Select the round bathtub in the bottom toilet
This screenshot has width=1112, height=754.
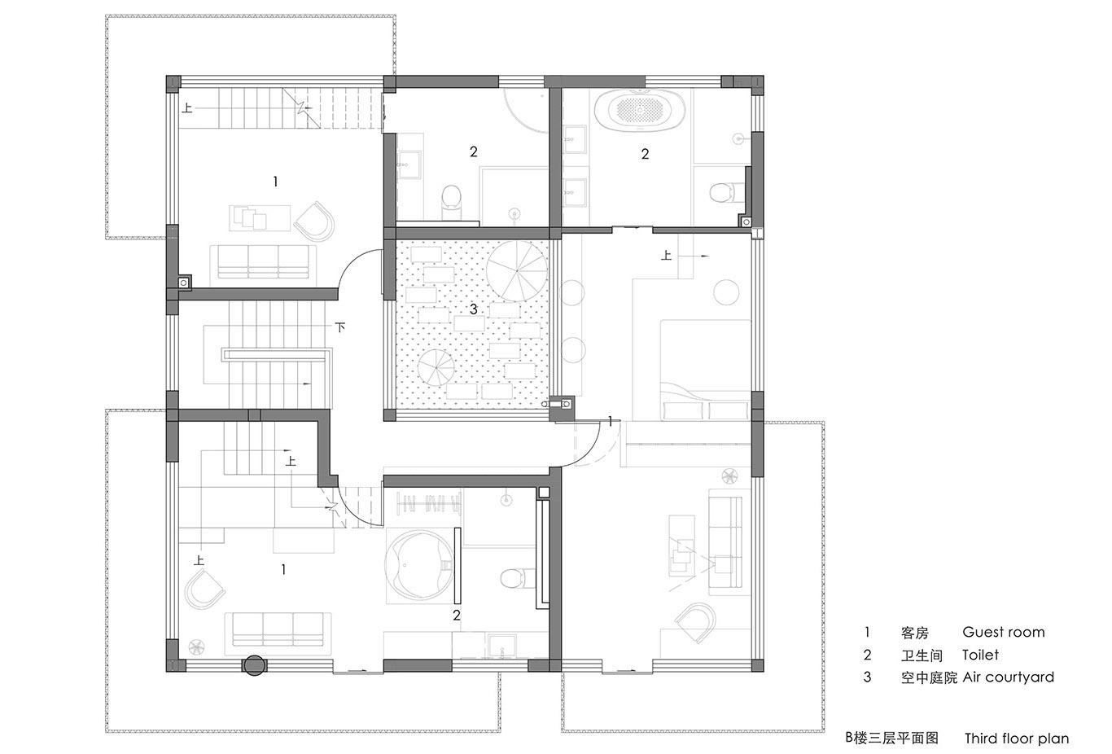click(x=419, y=567)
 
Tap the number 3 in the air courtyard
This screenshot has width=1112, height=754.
click(x=473, y=309)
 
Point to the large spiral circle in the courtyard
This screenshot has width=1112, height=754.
click(x=516, y=272)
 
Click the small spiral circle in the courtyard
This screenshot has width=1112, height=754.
click(x=436, y=367)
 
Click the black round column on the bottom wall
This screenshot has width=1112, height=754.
click(x=254, y=665)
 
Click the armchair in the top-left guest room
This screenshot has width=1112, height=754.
click(x=314, y=221)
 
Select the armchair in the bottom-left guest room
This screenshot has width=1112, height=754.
click(x=204, y=590)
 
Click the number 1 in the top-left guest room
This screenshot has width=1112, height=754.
click(x=275, y=182)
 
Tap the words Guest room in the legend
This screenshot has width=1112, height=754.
click(x=1003, y=632)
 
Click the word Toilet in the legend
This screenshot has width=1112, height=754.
click(x=980, y=655)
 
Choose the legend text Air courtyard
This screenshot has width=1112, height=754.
click(x=1009, y=677)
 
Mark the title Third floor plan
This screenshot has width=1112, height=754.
click(x=1017, y=738)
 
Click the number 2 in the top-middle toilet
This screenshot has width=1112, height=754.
click(x=474, y=151)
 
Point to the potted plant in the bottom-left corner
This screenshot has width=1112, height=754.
click(x=197, y=647)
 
